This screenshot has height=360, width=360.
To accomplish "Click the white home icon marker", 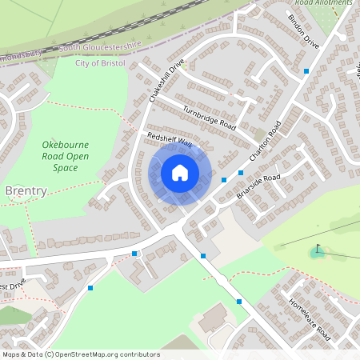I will click(x=180, y=173).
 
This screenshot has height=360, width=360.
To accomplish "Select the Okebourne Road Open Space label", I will click(x=66, y=156).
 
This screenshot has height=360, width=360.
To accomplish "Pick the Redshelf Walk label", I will click(x=170, y=141).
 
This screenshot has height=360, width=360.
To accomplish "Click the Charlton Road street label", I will click(x=267, y=144).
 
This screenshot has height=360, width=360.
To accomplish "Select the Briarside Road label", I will click(x=258, y=186).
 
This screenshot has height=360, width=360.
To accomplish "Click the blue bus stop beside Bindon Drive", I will click(x=306, y=71).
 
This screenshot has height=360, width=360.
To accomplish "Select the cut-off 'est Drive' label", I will click(x=15, y=286).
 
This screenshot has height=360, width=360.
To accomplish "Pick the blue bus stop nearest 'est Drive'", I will click(x=90, y=288).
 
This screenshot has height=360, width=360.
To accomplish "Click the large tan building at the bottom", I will click(x=214, y=319).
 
